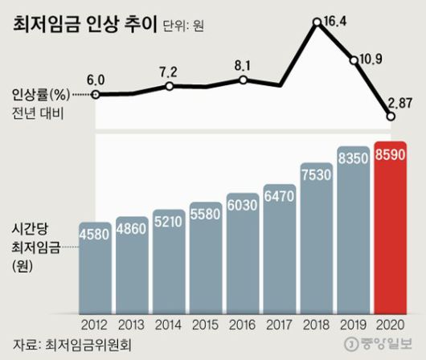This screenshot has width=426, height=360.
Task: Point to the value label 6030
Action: pos(244,204)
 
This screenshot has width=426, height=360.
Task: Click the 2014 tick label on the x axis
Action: pos(170,326)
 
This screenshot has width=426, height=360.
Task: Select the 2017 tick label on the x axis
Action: pos(281,326)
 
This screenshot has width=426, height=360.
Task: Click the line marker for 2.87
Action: pos(391,117)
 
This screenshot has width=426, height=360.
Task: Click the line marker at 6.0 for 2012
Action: pos(96,94)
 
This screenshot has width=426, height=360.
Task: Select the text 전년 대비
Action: pos(39,114)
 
